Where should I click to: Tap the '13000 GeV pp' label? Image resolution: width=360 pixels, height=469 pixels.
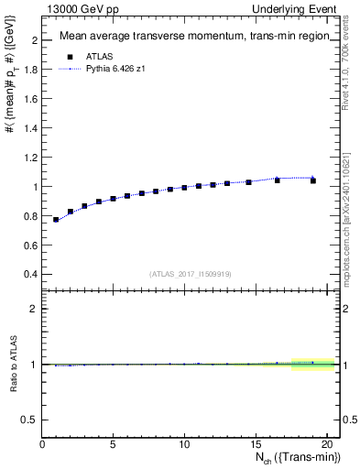(78, 9)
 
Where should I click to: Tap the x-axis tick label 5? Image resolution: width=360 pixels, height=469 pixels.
(113, 444)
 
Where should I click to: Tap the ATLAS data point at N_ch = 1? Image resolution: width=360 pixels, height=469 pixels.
(56, 220)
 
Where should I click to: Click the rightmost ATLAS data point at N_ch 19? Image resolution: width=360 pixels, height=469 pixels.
(313, 180)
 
